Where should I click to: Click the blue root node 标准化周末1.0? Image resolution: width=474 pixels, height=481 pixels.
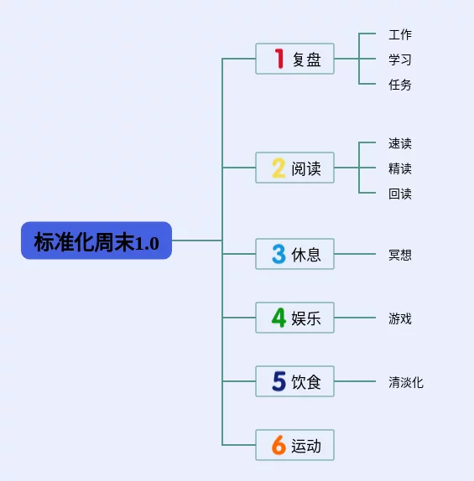(x=96, y=240)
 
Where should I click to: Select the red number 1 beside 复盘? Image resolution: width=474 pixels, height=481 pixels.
(x=279, y=59)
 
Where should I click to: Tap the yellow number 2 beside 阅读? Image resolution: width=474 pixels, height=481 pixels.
(x=279, y=168)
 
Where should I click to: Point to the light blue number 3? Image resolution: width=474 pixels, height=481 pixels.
(x=279, y=254)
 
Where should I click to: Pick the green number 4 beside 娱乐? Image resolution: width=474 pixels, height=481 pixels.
(x=279, y=318)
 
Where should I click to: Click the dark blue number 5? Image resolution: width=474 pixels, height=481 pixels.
(x=279, y=381)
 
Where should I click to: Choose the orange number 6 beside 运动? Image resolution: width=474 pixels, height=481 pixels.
(x=279, y=445)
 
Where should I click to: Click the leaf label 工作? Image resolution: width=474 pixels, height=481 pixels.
(x=400, y=34)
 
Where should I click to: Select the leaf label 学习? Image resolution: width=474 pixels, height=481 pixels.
(x=400, y=59)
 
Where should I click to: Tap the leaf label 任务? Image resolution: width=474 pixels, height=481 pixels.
(x=400, y=85)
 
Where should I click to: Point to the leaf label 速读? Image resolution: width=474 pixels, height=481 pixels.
(x=400, y=143)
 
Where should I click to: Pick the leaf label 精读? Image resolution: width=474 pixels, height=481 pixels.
(x=400, y=168)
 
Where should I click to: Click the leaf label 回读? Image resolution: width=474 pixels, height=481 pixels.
(x=400, y=194)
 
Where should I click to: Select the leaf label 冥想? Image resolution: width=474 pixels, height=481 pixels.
(x=400, y=255)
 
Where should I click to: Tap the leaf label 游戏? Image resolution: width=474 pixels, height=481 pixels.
(x=400, y=318)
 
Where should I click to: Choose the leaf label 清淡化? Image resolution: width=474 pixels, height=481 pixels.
(x=406, y=382)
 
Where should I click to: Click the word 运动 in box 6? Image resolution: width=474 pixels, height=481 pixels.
(x=306, y=446)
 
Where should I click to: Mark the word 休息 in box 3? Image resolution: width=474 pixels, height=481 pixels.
(x=306, y=255)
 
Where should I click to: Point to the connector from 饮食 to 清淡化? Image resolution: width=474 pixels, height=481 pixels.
(x=355, y=381)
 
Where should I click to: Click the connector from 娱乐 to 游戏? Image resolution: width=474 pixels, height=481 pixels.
(x=355, y=318)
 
